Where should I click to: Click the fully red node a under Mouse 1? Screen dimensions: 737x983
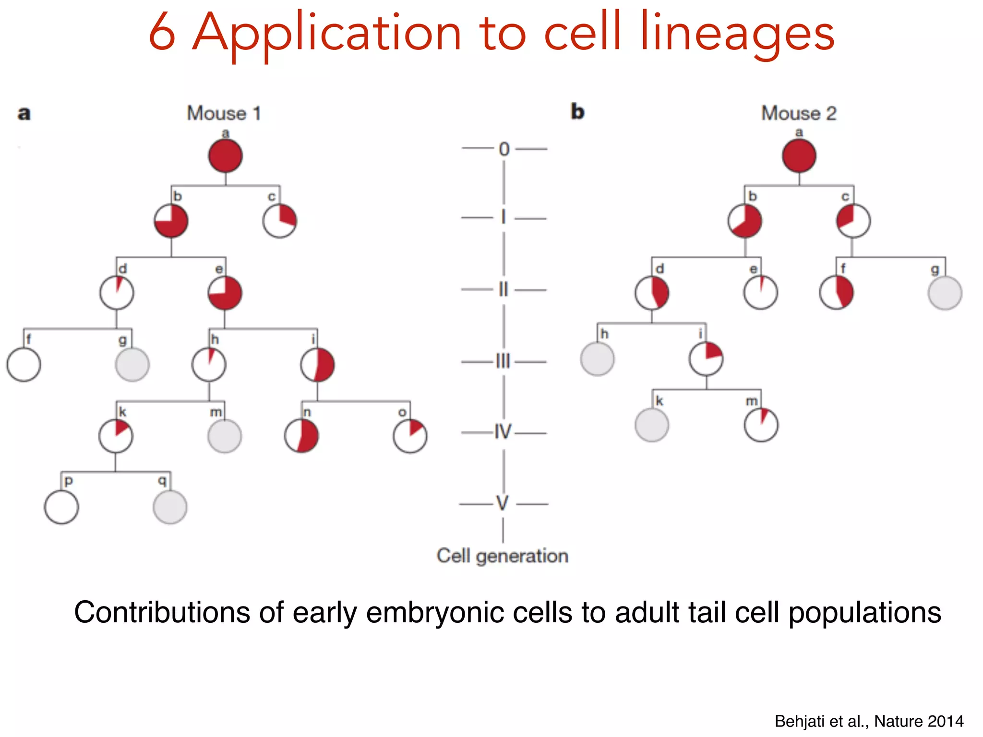pos(225,156)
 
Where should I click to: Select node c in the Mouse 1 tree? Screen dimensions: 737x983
pos(279,221)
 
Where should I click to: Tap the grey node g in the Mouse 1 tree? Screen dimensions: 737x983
pos(132,365)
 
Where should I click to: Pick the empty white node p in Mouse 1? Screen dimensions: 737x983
pos(61,507)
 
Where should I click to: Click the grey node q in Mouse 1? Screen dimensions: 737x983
pos(170,507)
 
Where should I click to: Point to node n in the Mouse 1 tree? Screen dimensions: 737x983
pos(301,436)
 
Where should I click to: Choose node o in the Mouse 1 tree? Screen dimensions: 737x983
pos(410,436)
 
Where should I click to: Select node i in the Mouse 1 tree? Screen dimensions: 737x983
pos(317,365)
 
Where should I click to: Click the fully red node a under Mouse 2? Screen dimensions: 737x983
pos(799,156)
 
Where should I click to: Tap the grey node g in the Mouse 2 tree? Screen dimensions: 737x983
pos(945,293)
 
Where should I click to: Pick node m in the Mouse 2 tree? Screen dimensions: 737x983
pos(761,425)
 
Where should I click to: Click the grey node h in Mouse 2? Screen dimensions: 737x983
pos(597,359)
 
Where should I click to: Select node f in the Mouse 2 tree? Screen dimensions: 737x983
pos(836,293)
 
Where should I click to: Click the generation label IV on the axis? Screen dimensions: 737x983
pos(503,432)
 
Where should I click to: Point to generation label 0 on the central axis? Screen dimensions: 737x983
pos(504,149)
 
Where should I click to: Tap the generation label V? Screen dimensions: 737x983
pos(503,504)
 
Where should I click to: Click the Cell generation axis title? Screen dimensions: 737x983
pos(502,556)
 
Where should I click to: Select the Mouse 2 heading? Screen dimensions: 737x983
pos(799,114)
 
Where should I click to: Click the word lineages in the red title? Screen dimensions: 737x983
pos(737,35)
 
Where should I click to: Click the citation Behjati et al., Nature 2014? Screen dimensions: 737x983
pos(869,721)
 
